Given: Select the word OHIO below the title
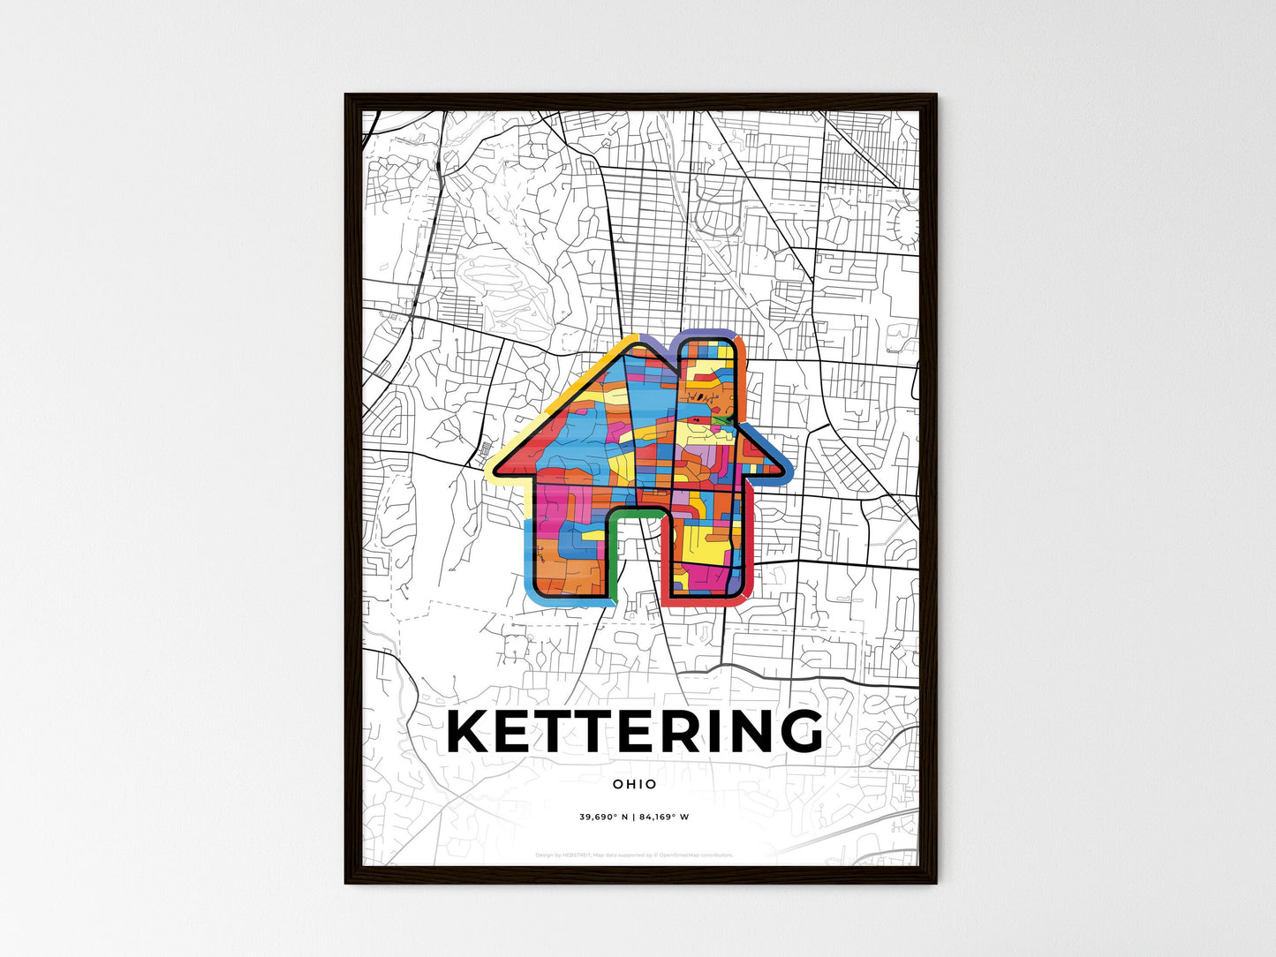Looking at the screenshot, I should pyautogui.click(x=635, y=784).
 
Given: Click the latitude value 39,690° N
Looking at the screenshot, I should pyautogui.click(x=603, y=817).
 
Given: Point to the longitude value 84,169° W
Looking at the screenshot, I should pyautogui.click(x=663, y=817).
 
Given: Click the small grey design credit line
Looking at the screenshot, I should pyautogui.click(x=635, y=855).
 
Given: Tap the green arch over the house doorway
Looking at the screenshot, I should pyautogui.click(x=635, y=512).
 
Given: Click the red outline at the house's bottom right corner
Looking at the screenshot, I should pyautogui.click(x=742, y=593).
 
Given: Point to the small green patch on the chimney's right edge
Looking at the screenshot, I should pyautogui.click(x=723, y=421).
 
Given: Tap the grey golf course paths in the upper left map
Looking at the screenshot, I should pyautogui.click(x=495, y=283).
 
